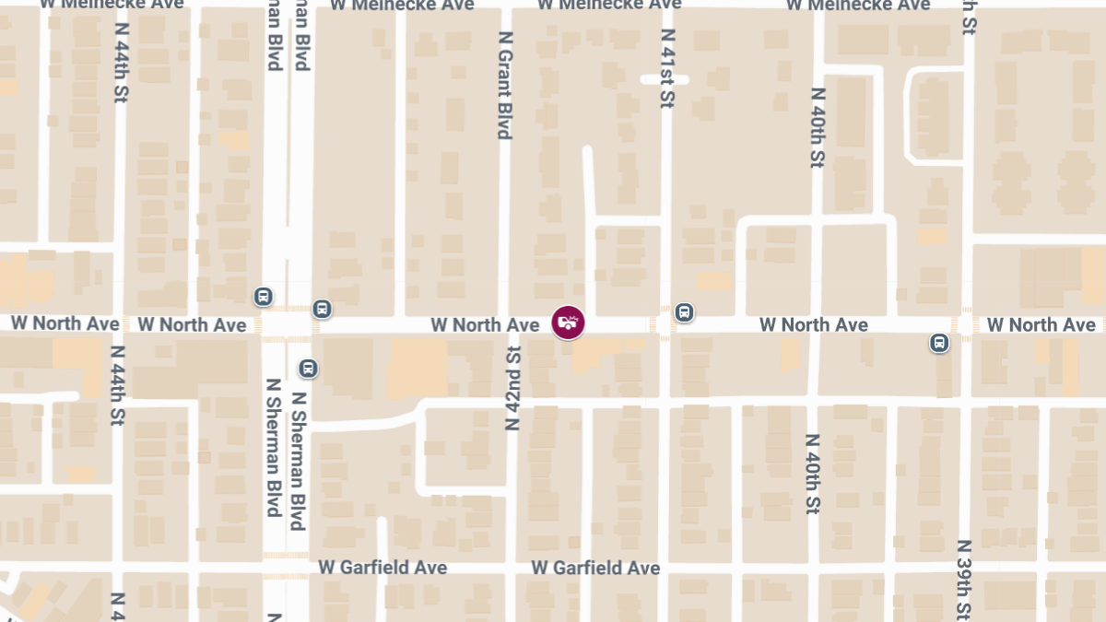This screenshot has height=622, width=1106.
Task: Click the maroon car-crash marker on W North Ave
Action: click(x=568, y=323)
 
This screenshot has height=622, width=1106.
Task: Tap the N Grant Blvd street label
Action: click(x=504, y=85)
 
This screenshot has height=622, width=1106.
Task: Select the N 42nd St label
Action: click(x=513, y=388)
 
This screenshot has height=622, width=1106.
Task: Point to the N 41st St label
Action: click(x=668, y=68)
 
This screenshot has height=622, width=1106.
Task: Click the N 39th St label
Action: click(x=964, y=581)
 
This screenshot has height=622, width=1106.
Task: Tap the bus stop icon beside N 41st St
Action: click(x=684, y=312)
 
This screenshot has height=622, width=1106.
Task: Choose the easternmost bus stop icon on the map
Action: click(x=939, y=344)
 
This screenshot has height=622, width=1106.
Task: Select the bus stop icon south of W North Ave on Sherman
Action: click(x=308, y=369)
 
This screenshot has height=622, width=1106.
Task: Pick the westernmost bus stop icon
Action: click(x=264, y=297)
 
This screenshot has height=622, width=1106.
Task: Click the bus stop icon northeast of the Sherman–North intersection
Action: click(x=322, y=309)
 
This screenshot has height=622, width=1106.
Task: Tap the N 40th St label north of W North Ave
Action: click(x=817, y=128)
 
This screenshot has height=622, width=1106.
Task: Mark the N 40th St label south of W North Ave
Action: click(x=812, y=474)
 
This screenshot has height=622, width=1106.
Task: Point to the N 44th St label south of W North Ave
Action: click(x=117, y=384)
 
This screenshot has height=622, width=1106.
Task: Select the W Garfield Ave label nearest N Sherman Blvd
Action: click(x=382, y=568)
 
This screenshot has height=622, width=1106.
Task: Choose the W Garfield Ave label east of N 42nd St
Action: click(x=596, y=568)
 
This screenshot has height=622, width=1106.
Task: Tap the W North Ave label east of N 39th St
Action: click(x=1041, y=324)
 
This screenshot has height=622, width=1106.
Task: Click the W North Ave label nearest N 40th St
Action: click(x=813, y=324)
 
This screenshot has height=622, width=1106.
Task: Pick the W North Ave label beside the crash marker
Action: click(x=485, y=324)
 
